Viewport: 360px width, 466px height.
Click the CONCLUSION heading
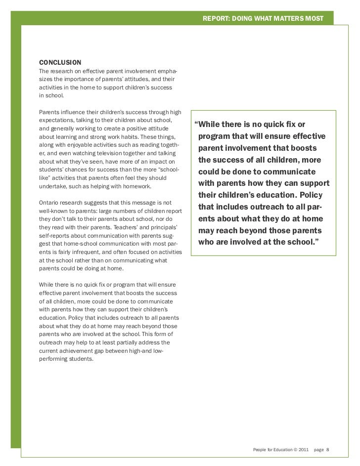pos(60,63)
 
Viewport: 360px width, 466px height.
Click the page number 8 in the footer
pos(327,450)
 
